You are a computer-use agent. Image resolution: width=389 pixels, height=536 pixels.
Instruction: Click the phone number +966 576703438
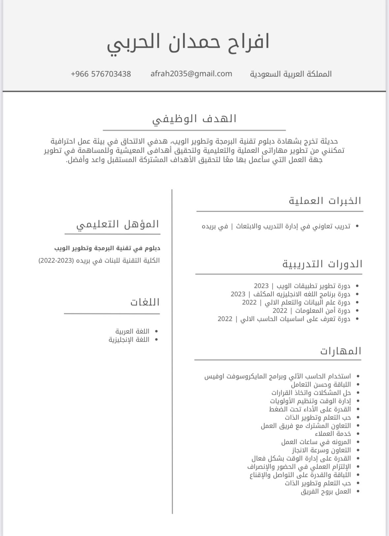[x=101, y=74]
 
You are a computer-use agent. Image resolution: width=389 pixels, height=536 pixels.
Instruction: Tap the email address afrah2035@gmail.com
[x=191, y=74]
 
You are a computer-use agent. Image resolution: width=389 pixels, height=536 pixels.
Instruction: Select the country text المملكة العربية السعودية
[x=291, y=74]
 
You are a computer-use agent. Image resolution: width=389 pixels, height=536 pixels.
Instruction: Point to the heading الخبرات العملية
[x=325, y=201]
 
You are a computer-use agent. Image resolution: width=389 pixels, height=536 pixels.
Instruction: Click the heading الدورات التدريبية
[x=322, y=264]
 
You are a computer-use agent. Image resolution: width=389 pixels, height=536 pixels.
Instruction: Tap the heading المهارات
[x=340, y=351]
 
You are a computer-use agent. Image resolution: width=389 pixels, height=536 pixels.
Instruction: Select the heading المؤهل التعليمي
[x=118, y=224]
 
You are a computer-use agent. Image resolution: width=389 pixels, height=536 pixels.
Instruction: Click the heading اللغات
[x=145, y=302]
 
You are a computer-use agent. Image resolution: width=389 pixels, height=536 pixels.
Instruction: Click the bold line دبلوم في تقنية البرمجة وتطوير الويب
[x=107, y=248]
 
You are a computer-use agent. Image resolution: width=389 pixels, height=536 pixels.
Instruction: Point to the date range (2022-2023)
[x=56, y=261]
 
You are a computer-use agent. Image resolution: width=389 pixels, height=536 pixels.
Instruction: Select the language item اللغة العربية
[x=132, y=331]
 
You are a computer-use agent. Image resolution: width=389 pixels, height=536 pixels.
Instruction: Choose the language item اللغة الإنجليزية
[x=129, y=339]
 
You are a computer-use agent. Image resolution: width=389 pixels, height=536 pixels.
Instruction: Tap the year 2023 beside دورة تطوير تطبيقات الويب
[x=261, y=286]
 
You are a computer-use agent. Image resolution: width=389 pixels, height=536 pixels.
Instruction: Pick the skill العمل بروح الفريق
[x=326, y=491]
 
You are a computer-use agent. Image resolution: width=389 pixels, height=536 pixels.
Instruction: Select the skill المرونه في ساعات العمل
[x=316, y=442]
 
